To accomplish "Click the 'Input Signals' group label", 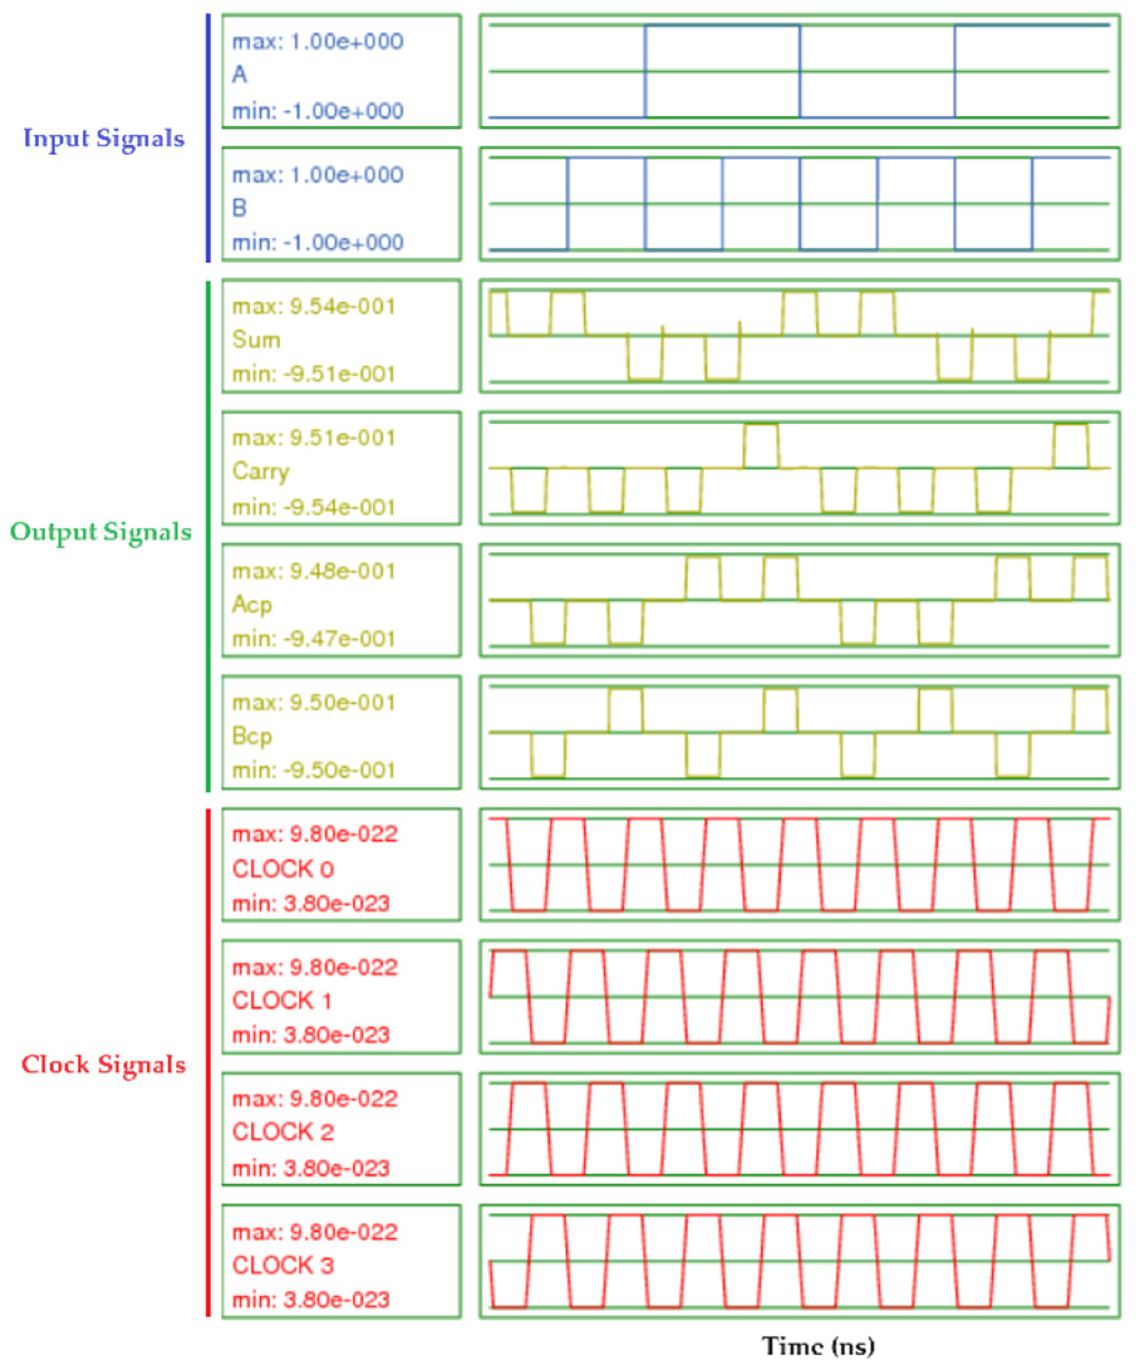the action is (104, 139).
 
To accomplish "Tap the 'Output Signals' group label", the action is (100, 532).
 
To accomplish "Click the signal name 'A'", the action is (240, 75).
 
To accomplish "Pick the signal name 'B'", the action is (240, 208).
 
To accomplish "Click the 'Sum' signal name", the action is (257, 339).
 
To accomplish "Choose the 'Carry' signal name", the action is (260, 472).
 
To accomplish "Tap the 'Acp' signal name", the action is (252, 605).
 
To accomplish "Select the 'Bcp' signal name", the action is (252, 736).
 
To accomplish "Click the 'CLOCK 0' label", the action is (282, 869).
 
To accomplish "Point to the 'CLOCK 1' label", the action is (282, 1000).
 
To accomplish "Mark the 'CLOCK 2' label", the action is (282, 1132).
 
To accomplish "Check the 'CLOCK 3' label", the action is (282, 1265).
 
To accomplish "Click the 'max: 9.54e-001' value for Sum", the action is (314, 306).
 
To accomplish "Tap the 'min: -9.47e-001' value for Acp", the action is (314, 639).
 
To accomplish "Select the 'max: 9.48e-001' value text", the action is (314, 571).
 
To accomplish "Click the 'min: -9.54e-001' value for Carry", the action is (314, 507).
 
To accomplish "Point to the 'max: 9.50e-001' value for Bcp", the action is (314, 703).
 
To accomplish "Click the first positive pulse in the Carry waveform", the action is (760, 446).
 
